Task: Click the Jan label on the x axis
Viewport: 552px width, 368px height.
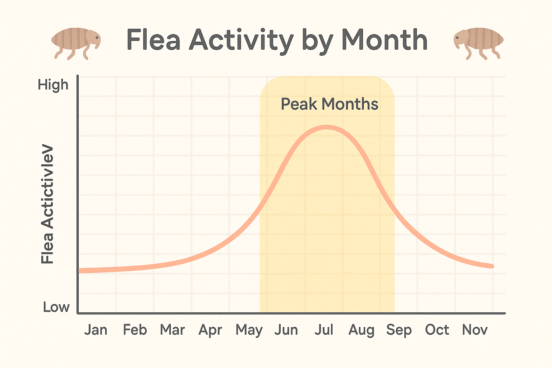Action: (96, 330)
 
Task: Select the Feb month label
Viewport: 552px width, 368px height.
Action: (135, 330)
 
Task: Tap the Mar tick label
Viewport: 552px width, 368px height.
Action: (172, 330)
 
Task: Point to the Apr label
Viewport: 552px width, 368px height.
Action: (211, 330)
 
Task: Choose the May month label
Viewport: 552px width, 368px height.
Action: (249, 330)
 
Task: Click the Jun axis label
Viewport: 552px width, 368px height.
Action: (286, 330)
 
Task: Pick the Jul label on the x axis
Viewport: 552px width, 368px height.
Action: (324, 330)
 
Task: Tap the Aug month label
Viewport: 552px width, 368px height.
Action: (362, 330)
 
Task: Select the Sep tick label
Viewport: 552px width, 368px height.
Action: (399, 330)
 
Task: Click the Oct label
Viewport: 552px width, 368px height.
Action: (437, 330)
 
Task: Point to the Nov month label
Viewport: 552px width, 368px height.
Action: (475, 330)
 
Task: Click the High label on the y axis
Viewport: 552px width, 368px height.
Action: (53, 85)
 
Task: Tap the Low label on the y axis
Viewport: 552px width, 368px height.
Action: (56, 307)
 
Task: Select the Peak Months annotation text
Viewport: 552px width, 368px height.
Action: (330, 104)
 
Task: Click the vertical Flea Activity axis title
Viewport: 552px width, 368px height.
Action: (47, 204)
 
